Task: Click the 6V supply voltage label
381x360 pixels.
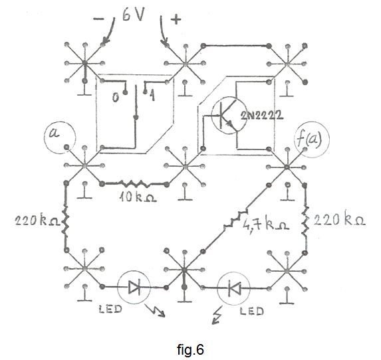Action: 133,16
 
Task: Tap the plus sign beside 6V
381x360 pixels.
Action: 176,19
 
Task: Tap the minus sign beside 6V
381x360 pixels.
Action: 98,19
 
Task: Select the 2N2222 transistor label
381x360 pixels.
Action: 262,116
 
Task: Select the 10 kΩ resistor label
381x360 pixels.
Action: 138,197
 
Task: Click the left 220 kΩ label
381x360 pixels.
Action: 37,221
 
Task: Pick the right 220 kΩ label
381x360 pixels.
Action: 339,220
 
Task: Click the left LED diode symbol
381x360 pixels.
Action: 134,288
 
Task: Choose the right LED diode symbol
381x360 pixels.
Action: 233,288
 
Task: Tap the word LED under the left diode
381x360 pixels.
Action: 110,309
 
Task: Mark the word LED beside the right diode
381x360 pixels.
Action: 252,311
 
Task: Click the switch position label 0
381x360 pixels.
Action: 116,98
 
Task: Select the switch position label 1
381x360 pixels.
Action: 152,95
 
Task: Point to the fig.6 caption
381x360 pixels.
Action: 190,349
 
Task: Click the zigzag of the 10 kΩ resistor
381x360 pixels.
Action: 134,184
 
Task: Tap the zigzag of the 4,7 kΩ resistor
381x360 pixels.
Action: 235,219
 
